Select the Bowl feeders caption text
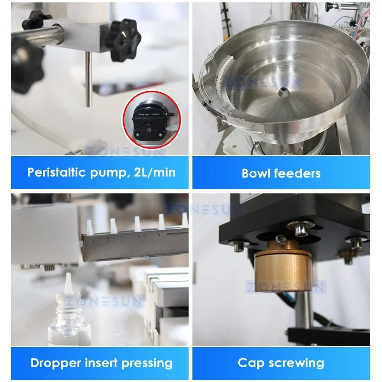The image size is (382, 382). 281,173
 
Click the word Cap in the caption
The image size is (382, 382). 252,362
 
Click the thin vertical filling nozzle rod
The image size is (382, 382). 88,79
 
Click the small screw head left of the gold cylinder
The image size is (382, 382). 236,247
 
